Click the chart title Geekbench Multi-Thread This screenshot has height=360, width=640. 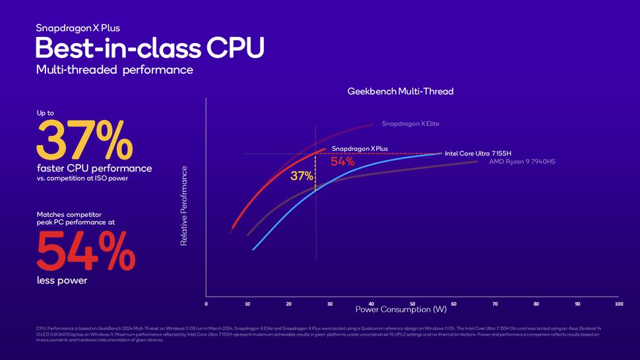400,91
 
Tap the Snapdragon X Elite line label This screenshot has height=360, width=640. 410,123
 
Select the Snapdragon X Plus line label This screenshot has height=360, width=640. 359,149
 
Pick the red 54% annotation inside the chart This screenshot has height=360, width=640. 342,162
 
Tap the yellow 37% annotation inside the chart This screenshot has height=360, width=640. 301,176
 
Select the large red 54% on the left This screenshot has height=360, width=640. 85,251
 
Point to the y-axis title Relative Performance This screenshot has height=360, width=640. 184,206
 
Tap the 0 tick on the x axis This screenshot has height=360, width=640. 206,304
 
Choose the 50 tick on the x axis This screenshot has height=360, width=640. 412,304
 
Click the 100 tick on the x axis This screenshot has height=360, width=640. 618,304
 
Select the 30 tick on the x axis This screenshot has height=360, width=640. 330,304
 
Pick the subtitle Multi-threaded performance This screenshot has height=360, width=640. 115,70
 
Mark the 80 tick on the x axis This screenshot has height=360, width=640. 536,304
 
